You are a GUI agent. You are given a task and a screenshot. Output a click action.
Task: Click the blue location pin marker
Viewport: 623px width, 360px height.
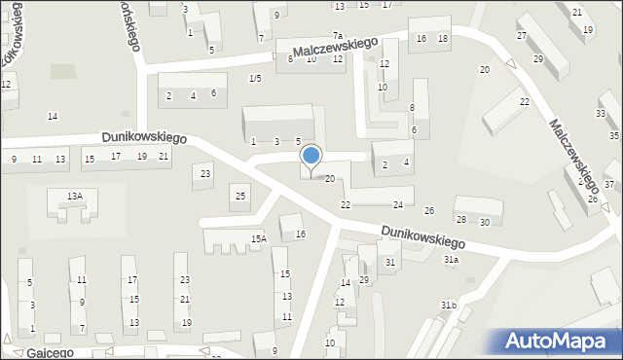311,158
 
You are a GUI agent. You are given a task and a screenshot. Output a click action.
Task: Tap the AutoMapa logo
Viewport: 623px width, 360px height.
560,341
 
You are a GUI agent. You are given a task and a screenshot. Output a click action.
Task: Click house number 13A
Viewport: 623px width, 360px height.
75,197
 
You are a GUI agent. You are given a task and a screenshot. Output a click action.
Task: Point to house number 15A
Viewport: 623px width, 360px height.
258,238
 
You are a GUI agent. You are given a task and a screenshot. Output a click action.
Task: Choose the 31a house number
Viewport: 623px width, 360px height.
451,260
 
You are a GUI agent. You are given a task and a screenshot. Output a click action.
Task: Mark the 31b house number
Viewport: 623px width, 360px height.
447,306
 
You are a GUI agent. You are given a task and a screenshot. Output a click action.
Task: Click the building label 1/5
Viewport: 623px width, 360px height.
255,78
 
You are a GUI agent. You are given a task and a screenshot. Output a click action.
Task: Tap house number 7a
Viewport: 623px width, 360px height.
338,36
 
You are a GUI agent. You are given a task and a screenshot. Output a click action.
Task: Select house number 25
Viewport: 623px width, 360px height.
240,197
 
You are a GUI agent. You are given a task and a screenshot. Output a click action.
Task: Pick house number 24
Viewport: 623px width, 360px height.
397,205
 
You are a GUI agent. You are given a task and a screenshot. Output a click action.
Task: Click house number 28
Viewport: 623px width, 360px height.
461,220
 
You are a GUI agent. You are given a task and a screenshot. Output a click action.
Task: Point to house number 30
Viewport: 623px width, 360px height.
484,222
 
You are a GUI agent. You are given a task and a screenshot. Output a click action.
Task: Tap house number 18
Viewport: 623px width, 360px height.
443,38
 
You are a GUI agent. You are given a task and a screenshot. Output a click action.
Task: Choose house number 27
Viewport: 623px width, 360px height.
522,36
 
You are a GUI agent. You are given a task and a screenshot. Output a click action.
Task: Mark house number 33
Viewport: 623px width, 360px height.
601,114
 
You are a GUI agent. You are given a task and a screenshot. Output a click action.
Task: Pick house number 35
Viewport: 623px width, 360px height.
613,135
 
